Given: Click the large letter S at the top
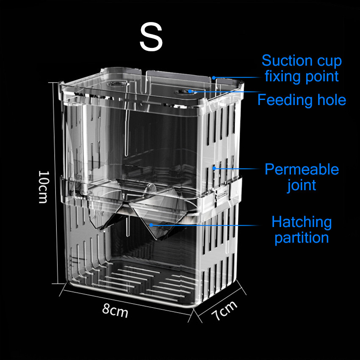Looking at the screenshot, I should point(151,38).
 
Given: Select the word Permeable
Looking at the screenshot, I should point(302,169).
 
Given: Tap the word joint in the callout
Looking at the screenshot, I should point(301,185).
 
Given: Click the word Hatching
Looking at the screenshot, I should point(302,222).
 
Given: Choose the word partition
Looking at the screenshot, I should point(301,238).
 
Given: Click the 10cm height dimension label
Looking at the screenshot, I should point(44,187).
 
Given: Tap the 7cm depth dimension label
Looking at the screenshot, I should point(224,311).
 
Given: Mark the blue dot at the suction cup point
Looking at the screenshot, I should point(214,78).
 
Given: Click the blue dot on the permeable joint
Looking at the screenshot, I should point(215,168).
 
